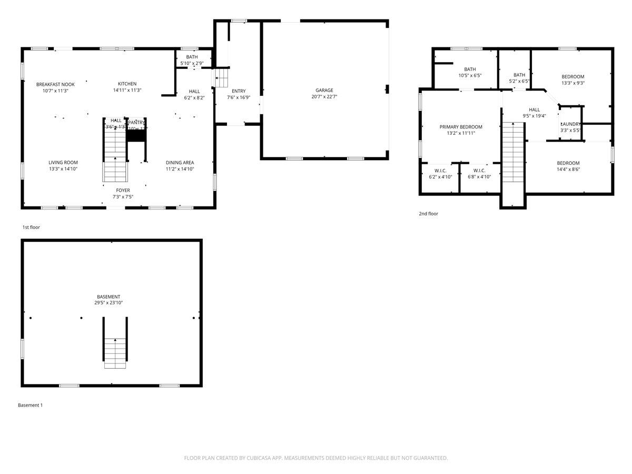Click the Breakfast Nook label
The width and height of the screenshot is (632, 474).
55,84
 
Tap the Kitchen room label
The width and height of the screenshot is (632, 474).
127,84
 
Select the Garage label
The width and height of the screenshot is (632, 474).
324,90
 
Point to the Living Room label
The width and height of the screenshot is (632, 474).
63,163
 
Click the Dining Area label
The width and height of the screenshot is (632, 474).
180,163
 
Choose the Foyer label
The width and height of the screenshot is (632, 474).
123,190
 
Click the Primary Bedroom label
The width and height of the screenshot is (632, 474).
461,127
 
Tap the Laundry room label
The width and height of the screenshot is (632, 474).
570,124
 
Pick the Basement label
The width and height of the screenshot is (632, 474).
108,297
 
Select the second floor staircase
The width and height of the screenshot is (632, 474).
513,153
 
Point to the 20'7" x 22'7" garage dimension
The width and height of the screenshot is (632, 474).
324,97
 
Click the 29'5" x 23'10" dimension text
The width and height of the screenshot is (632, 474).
108,303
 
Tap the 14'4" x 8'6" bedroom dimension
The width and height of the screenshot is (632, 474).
568,170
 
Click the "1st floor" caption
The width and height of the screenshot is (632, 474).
31,228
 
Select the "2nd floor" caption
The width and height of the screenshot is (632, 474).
428,214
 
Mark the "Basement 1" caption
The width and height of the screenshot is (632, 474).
30,406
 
